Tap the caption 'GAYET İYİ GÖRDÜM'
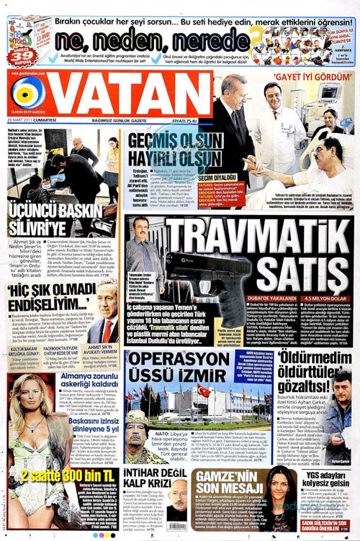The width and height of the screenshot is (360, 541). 312,76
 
